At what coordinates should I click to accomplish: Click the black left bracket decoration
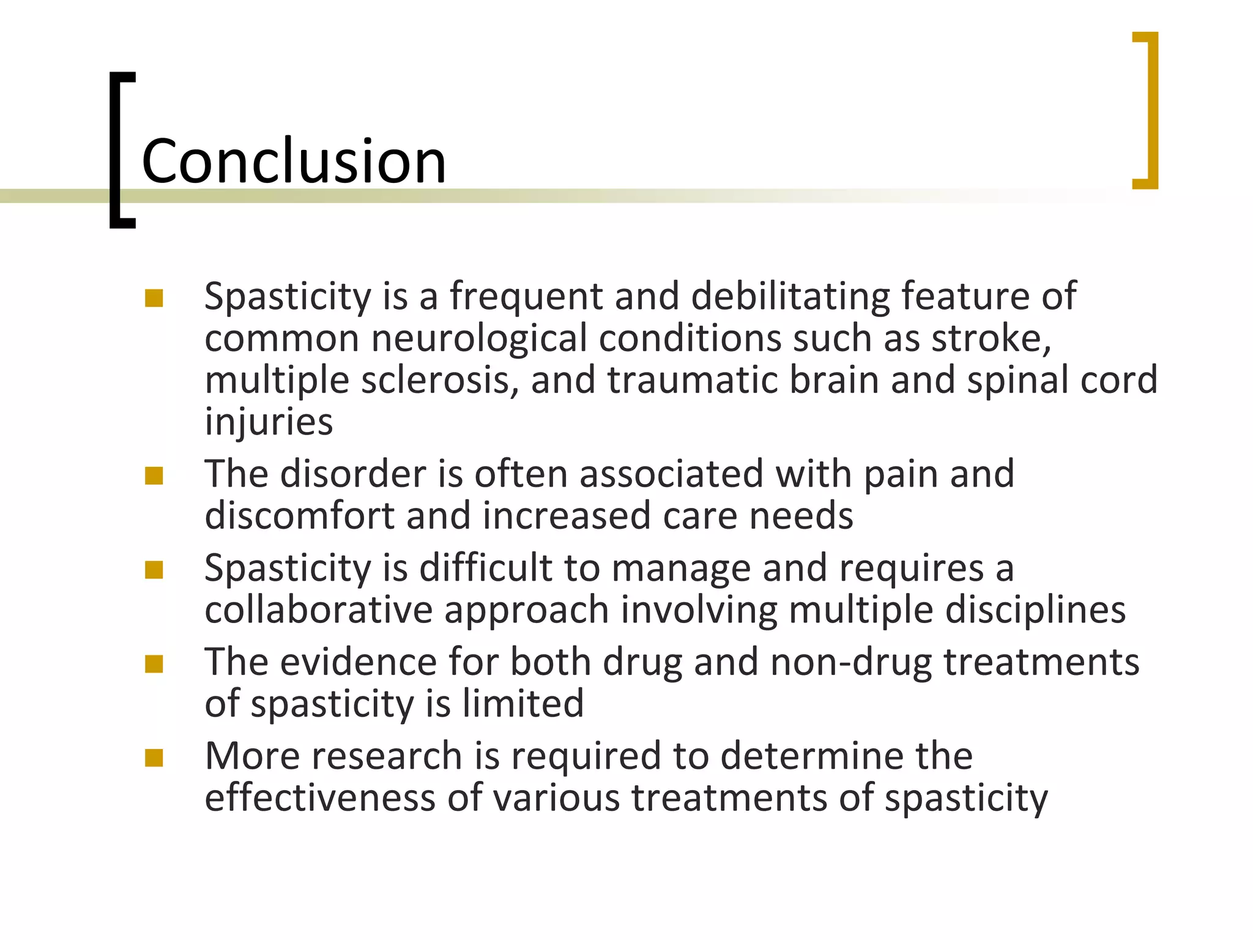pos(116,150)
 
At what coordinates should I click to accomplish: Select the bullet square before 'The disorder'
pos(154,476)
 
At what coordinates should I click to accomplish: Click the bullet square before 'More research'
pos(154,758)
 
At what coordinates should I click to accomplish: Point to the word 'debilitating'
pos(790,296)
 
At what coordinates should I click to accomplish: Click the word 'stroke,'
pos(991,338)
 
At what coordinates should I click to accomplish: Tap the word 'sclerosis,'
pos(440,380)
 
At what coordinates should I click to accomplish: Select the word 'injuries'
pos(269,422)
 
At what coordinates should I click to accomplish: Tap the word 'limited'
pos(523,704)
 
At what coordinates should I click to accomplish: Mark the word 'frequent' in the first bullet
pos(526,296)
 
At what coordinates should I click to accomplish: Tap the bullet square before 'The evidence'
pos(154,664)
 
